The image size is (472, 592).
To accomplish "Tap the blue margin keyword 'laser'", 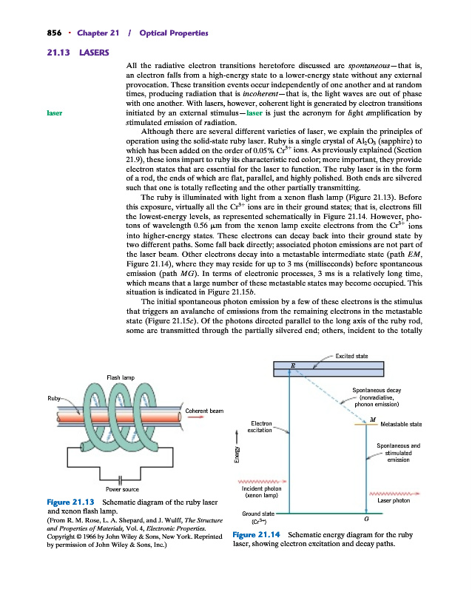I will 54,114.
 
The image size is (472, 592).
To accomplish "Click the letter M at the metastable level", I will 372,419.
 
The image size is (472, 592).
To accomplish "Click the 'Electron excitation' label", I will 259,427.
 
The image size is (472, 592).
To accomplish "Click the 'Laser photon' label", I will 394,501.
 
